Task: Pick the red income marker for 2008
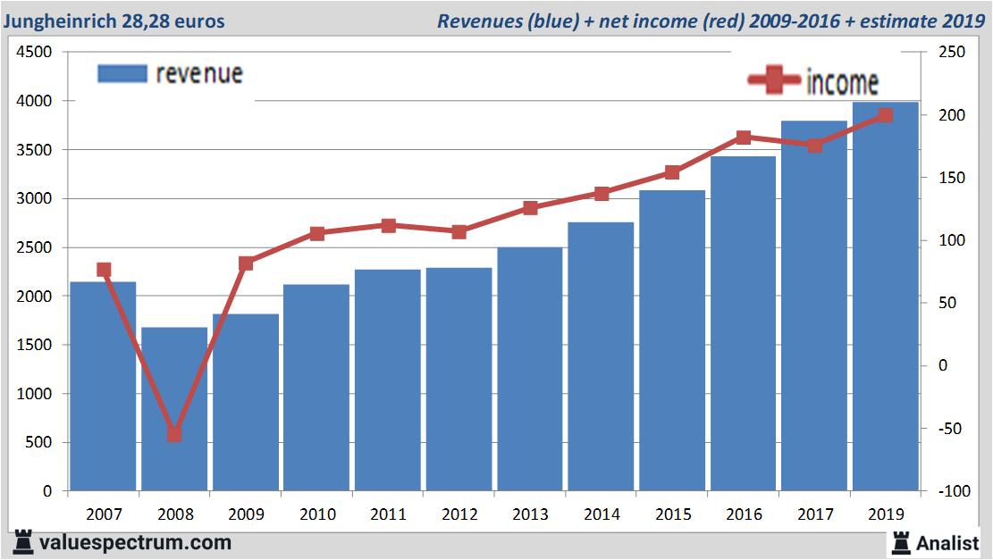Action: point(174,434)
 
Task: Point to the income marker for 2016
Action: point(744,138)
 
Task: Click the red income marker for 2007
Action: point(104,270)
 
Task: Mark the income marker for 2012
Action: point(459,231)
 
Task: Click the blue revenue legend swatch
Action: point(122,73)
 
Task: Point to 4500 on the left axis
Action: point(33,53)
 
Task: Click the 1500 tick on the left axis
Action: point(33,345)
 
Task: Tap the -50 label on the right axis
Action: point(950,429)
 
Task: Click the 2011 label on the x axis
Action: point(388,514)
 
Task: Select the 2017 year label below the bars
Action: point(814,514)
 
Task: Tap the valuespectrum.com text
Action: point(135,542)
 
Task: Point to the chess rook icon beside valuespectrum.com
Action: point(23,542)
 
